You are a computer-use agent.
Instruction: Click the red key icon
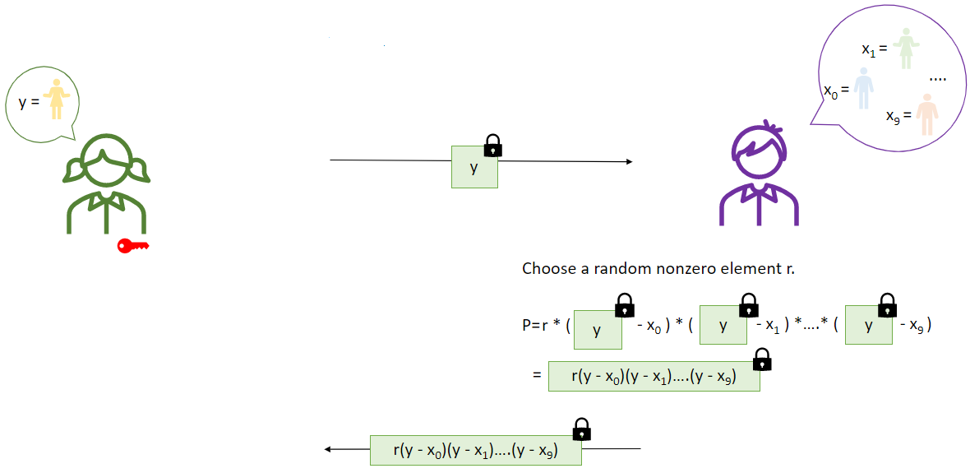tap(132, 245)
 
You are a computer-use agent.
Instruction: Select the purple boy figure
tap(758, 177)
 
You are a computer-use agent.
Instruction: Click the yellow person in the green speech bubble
tap(55, 100)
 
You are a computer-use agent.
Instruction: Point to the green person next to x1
tap(906, 49)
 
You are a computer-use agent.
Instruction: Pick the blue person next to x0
tap(862, 89)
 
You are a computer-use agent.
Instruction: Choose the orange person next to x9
tap(926, 114)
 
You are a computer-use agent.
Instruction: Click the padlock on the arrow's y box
tap(492, 146)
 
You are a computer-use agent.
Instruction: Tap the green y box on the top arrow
tap(474, 167)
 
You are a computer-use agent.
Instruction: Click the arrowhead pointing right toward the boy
tap(629, 161)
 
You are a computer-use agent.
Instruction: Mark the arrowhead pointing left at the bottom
tap(329, 449)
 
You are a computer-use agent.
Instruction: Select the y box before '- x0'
tap(598, 329)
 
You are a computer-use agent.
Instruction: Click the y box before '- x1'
tap(723, 326)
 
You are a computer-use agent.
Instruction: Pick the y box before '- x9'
tap(869, 326)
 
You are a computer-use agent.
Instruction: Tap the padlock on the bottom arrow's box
tap(581, 429)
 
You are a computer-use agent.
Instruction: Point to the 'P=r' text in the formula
tap(534, 325)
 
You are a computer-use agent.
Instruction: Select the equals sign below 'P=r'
tap(536, 375)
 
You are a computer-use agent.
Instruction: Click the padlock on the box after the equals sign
tap(762, 359)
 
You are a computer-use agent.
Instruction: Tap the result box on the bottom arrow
tap(476, 450)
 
